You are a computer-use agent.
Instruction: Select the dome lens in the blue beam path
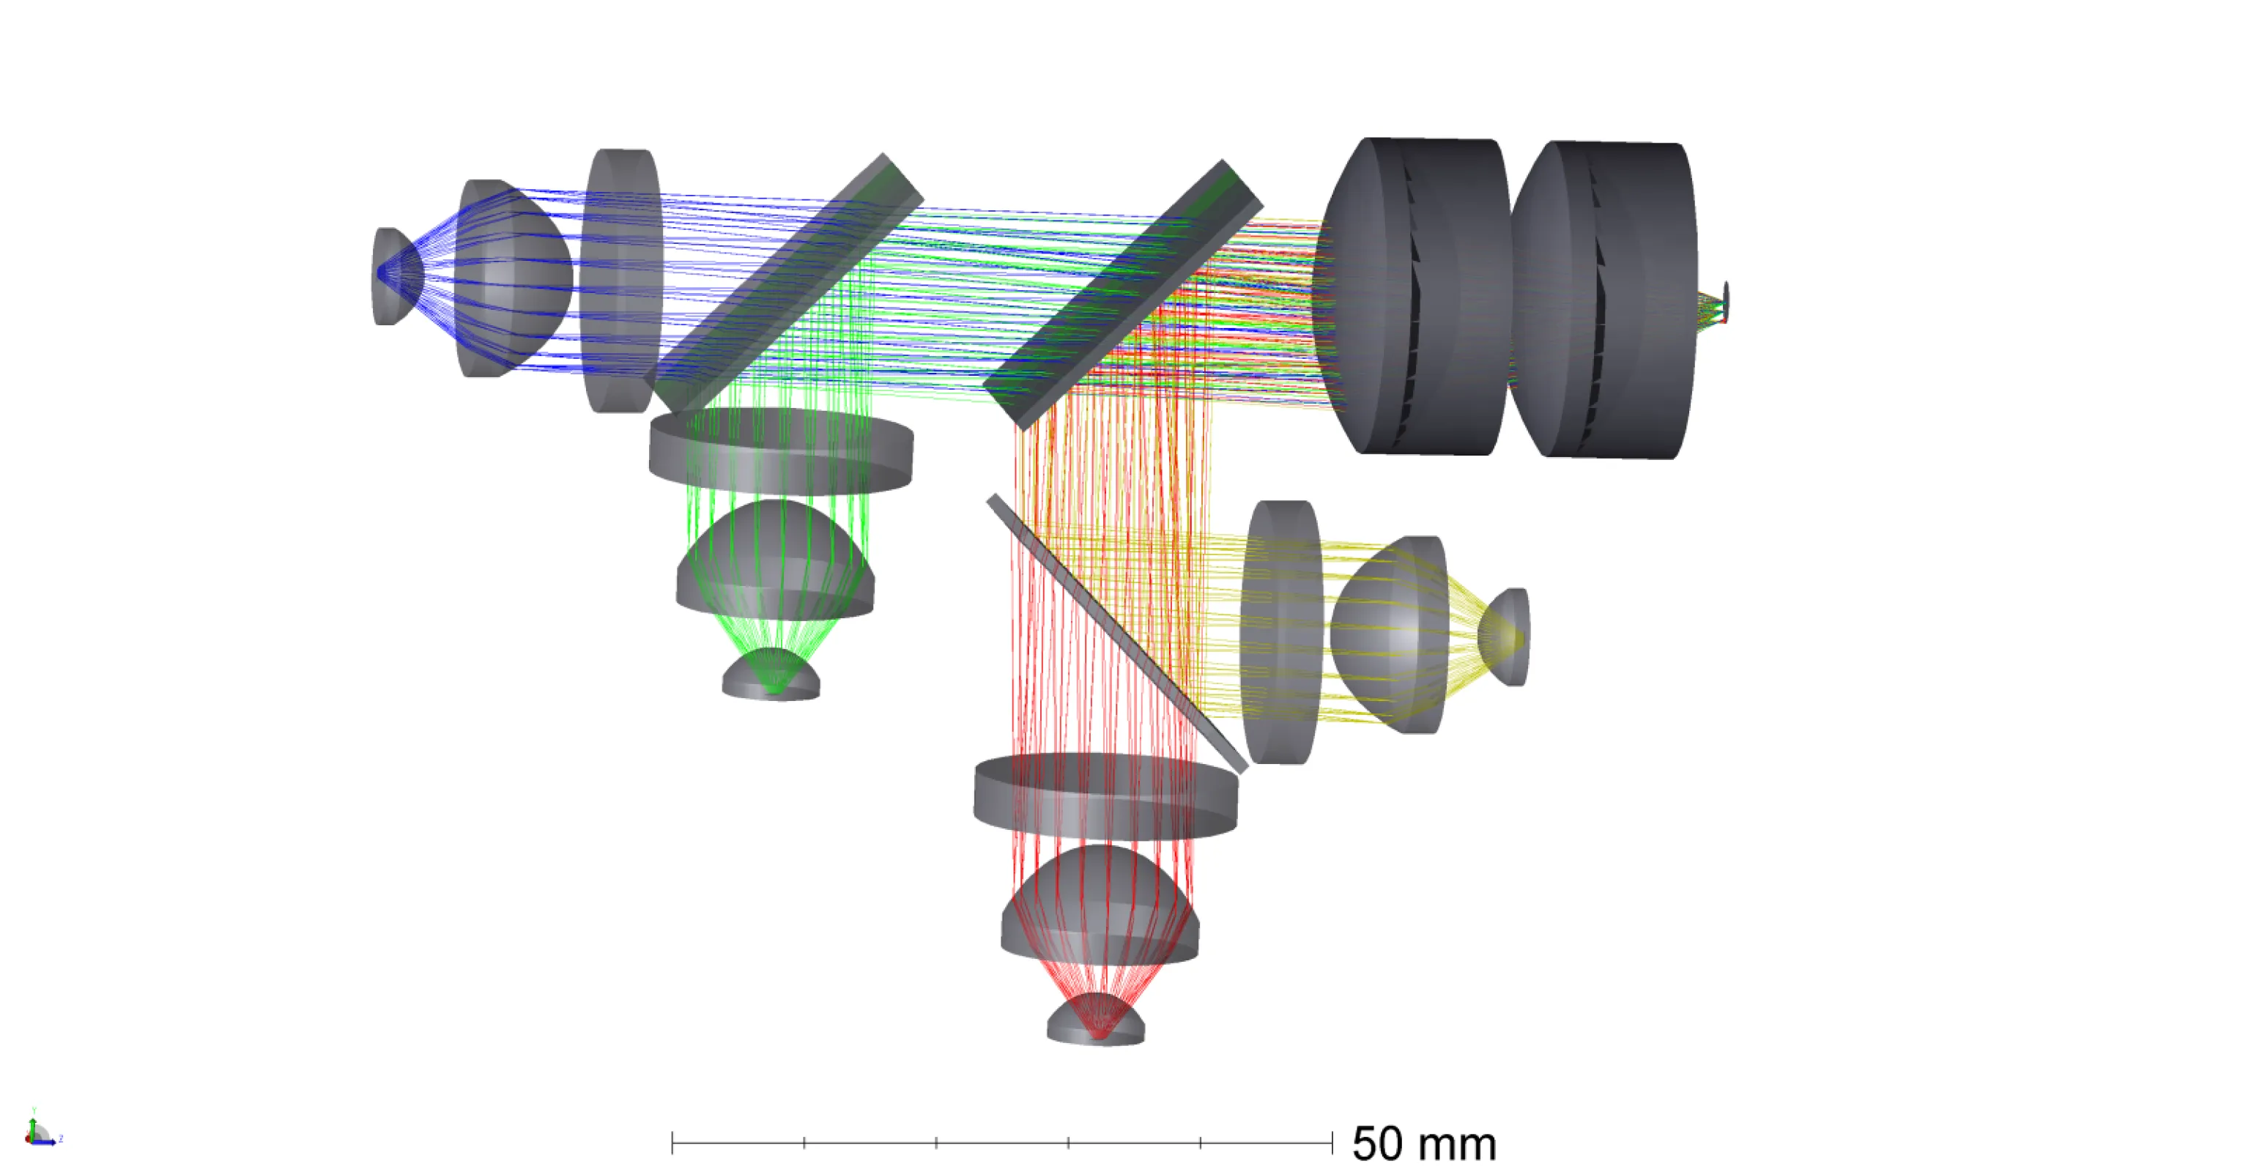[x=509, y=278]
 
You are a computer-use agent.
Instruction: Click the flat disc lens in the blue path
[x=622, y=281]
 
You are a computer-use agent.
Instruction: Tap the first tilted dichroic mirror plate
[x=788, y=283]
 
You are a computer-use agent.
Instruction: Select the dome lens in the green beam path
[x=775, y=562]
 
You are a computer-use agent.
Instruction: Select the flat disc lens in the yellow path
[x=1280, y=633]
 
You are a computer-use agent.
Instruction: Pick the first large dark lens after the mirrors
[x=1420, y=296]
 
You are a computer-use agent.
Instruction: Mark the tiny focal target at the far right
[x=1725, y=301]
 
